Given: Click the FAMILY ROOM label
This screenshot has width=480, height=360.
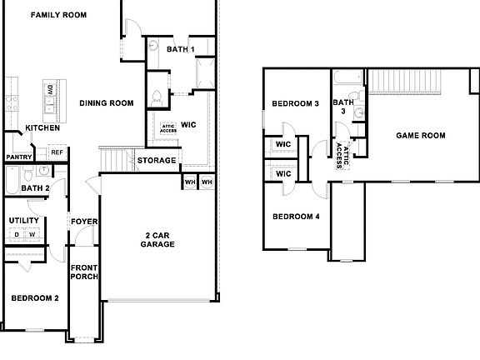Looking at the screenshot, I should tap(58, 15).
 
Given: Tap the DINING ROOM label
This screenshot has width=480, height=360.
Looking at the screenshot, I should tap(107, 103).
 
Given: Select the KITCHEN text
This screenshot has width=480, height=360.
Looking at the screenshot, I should tap(42, 127).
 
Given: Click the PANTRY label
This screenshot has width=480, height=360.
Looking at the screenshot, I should tap(18, 157).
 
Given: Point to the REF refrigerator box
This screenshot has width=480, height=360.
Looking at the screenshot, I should tap(57, 152).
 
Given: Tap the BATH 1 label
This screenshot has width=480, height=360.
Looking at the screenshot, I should tap(180, 50).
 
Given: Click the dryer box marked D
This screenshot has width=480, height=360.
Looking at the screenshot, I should tap(17, 235).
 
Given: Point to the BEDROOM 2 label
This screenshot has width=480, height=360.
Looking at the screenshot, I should tap(34, 297).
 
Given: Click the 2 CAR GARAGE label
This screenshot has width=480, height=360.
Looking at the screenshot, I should tap(157, 239).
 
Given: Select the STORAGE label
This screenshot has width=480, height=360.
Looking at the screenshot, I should tap(156, 160).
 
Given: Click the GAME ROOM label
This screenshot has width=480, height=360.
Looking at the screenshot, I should tap(420, 135).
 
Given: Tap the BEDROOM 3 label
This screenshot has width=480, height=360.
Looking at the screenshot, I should tap(296, 104).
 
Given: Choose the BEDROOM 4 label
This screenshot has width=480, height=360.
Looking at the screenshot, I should tap(296, 217).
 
